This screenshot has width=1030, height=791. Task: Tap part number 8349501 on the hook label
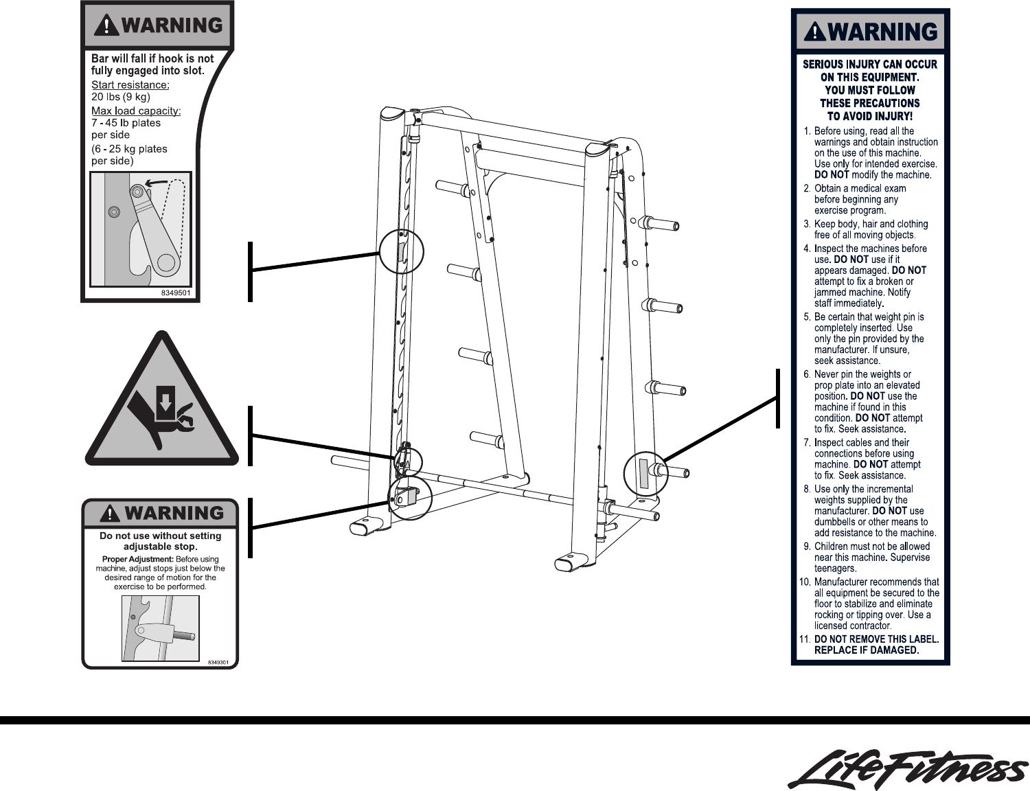click(x=176, y=293)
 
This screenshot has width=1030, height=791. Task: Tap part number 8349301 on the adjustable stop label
click(x=218, y=663)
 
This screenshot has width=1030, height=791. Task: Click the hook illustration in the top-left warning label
click(x=141, y=229)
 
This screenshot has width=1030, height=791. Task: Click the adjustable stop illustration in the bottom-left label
click(x=161, y=628)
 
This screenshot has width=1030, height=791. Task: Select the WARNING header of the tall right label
click(x=870, y=32)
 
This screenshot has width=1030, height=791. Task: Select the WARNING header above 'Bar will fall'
click(x=159, y=25)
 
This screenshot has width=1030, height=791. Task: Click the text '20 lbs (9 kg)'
click(x=121, y=97)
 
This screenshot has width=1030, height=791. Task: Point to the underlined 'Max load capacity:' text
click(x=136, y=111)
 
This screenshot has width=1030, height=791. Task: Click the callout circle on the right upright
click(x=645, y=474)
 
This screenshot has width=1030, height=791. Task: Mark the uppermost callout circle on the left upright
click(x=401, y=251)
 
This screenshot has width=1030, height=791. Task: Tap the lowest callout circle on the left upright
click(x=410, y=497)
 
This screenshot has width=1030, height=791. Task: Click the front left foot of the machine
click(x=367, y=527)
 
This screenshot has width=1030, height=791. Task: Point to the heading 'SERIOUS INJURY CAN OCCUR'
click(x=869, y=64)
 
